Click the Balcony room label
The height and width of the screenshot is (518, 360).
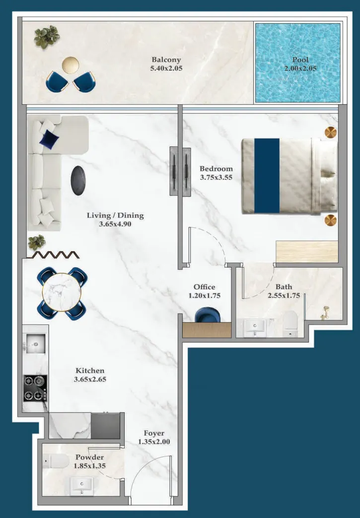[x=166, y=60]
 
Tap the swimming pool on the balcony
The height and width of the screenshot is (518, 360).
[x=297, y=63]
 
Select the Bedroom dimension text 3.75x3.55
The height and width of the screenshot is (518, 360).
[x=216, y=177]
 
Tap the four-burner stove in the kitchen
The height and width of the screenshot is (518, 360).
[x=35, y=388]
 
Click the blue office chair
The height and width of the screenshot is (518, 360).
[x=206, y=316]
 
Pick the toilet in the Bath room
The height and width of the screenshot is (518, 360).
[x=289, y=323]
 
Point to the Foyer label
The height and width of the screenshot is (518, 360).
[x=154, y=433]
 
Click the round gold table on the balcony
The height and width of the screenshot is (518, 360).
[x=71, y=65]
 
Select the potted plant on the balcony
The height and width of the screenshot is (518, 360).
[x=47, y=36]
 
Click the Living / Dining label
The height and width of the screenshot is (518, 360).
[x=115, y=215]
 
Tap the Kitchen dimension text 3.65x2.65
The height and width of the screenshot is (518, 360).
[x=90, y=380]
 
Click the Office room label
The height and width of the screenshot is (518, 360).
[x=204, y=287]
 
